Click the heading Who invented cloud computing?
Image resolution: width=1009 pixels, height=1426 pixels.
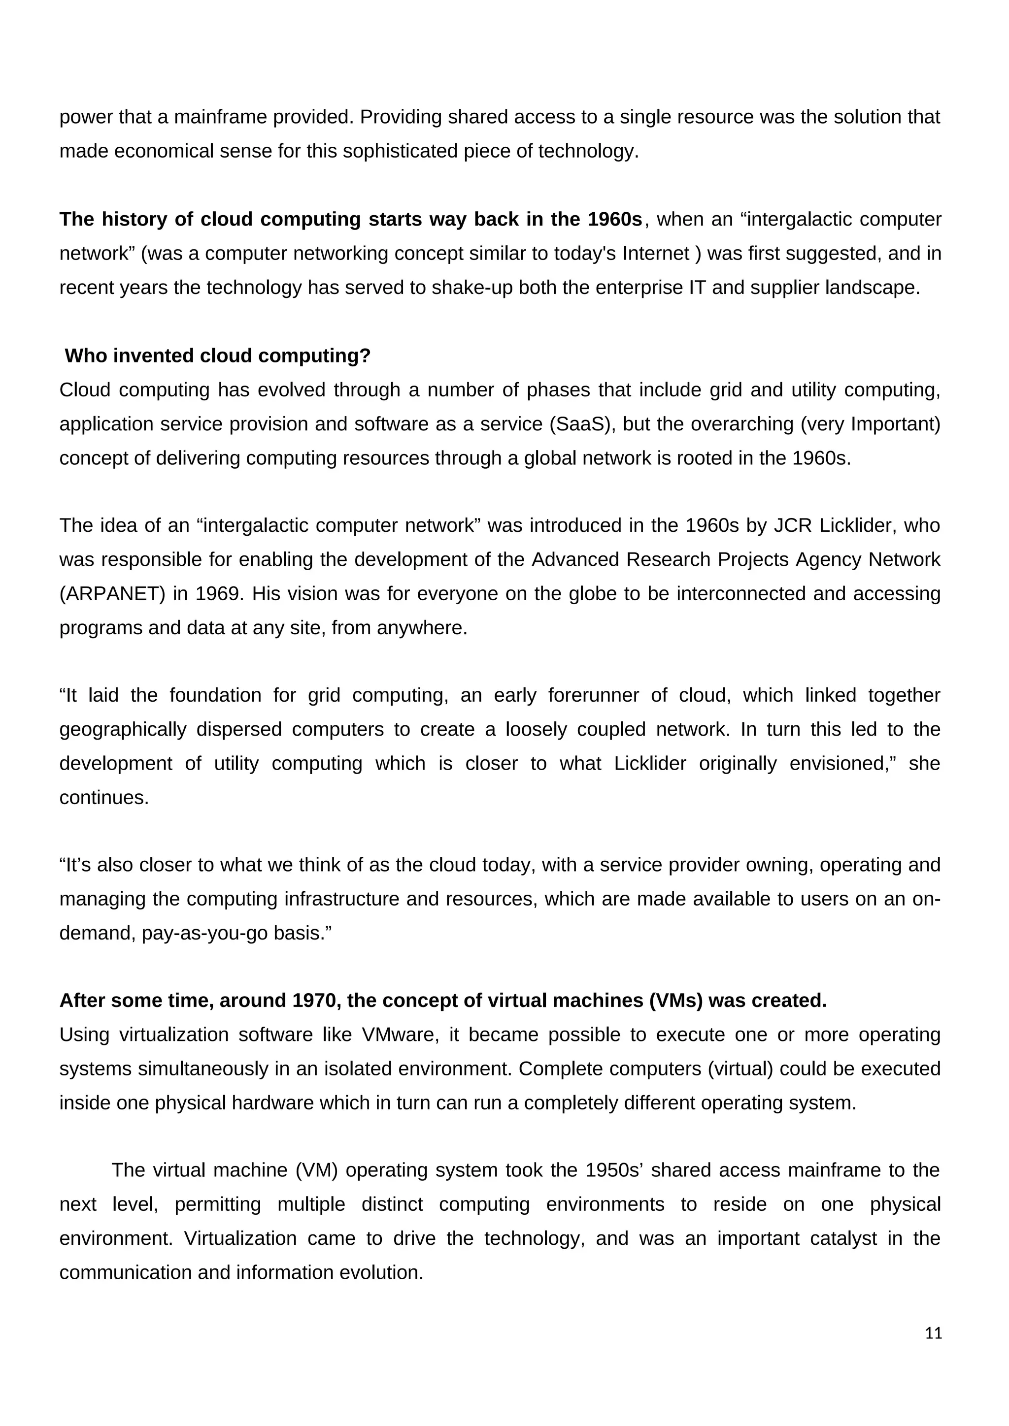pos(217,356)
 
